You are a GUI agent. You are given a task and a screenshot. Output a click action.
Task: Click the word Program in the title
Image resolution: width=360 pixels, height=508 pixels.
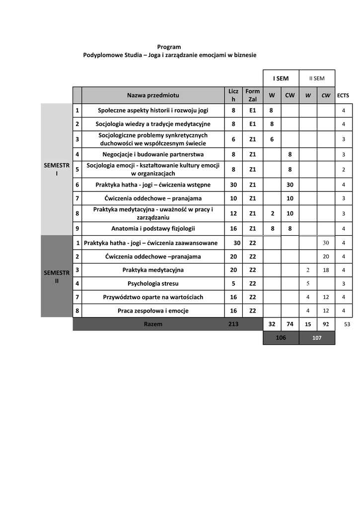(169, 47)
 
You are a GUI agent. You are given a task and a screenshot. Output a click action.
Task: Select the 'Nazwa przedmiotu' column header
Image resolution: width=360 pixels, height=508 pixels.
(153, 95)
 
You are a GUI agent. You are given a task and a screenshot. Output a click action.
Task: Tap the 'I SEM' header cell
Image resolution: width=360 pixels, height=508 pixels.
(281, 78)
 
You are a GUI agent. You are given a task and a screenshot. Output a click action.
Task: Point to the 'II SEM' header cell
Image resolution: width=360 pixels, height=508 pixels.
(317, 78)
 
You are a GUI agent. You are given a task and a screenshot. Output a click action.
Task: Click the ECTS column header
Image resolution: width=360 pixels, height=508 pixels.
(343, 95)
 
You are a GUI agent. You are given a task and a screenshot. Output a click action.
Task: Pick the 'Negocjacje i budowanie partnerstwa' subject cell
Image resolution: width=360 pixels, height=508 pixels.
(153, 154)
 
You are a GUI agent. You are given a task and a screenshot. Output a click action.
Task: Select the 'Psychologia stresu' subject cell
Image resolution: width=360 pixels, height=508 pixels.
(153, 284)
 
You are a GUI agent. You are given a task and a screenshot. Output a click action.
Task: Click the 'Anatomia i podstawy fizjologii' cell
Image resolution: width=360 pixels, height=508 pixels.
(153, 229)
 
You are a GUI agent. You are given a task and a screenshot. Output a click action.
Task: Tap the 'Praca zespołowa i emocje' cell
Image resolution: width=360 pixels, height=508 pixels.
(153, 311)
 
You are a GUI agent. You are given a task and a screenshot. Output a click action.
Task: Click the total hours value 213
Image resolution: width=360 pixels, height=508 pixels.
(233, 324)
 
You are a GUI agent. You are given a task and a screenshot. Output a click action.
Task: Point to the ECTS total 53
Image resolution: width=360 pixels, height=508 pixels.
(347, 324)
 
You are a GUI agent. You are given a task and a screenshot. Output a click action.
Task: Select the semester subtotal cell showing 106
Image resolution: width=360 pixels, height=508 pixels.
(281, 337)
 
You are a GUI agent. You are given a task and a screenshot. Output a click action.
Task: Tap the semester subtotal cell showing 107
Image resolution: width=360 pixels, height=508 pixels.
(317, 337)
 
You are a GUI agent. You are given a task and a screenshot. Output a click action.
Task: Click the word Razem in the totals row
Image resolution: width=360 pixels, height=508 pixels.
(153, 324)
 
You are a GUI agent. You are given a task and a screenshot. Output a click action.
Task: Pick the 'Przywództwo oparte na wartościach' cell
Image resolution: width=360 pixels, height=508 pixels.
(153, 297)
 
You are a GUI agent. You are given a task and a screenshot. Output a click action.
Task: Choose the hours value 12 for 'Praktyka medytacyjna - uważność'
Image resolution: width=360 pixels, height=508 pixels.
(233, 213)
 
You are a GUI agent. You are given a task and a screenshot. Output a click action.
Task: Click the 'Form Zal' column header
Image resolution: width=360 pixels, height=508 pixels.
(252, 95)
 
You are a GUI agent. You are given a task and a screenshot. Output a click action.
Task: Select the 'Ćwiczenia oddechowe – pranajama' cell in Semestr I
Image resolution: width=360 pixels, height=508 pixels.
(153, 198)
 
